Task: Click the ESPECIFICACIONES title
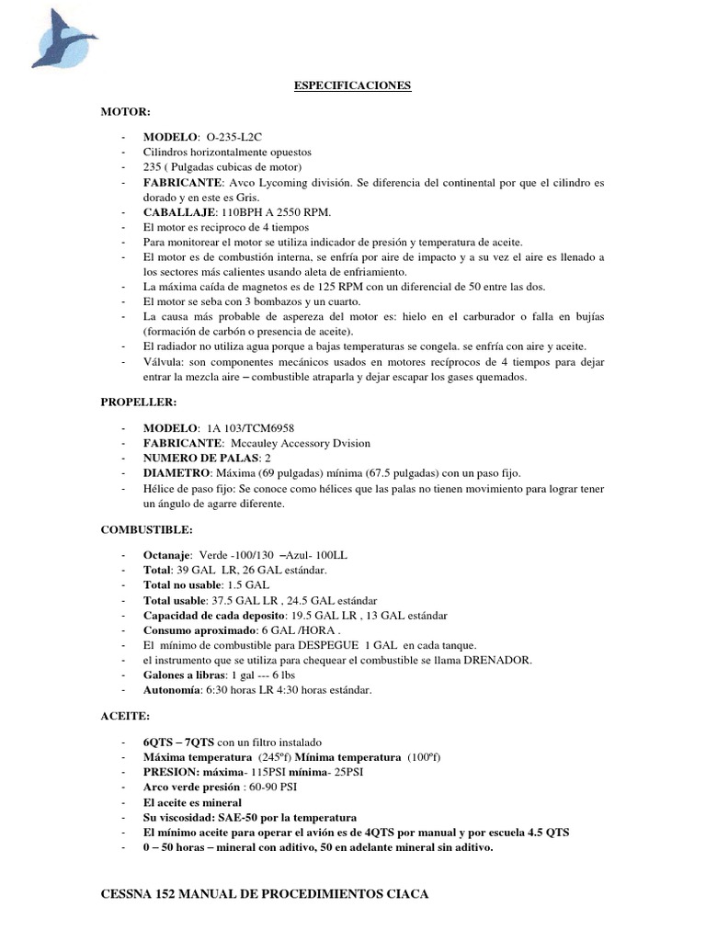[x=352, y=86]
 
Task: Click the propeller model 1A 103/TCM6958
[x=251, y=428]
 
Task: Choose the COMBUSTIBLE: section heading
[x=146, y=530]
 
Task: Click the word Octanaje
[x=167, y=556]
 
